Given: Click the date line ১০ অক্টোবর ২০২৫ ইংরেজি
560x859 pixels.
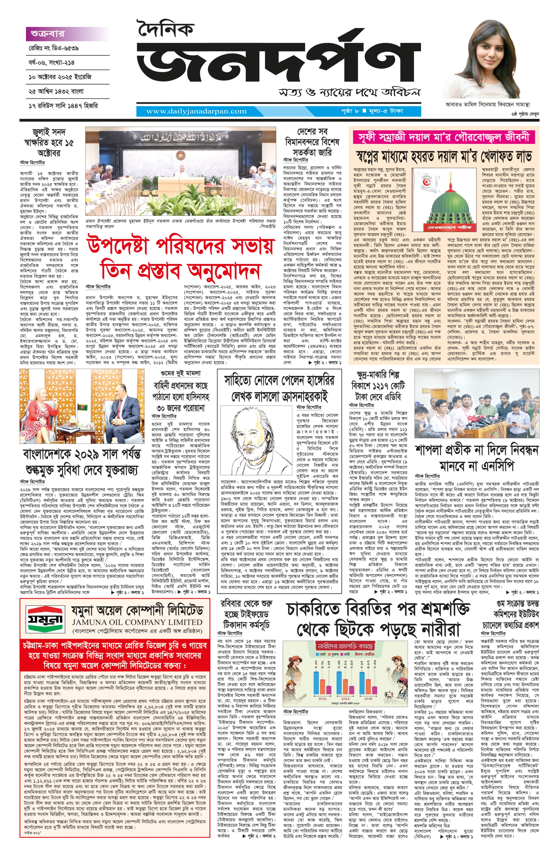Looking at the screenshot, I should [60, 77].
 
